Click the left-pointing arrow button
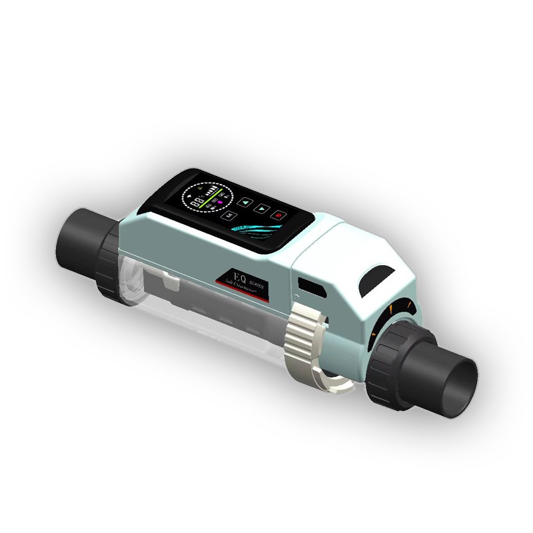[247, 201]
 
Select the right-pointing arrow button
[263, 208]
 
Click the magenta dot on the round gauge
[219, 201]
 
